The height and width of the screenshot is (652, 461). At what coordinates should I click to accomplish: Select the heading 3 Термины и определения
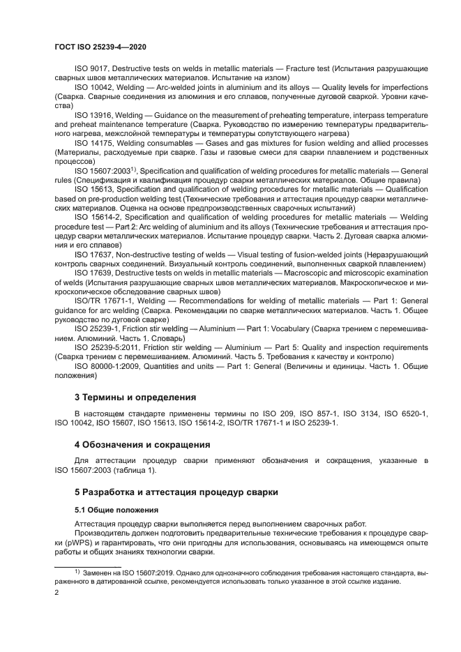(x=135, y=397)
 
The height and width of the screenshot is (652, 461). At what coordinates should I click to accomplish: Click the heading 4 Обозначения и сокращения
(x=142, y=444)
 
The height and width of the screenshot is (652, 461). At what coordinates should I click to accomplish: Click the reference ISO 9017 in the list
(x=91, y=70)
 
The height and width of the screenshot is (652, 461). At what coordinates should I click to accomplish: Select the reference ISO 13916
(x=93, y=114)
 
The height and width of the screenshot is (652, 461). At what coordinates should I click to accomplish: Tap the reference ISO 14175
(x=93, y=142)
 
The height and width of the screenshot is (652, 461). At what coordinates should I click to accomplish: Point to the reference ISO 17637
(x=93, y=255)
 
